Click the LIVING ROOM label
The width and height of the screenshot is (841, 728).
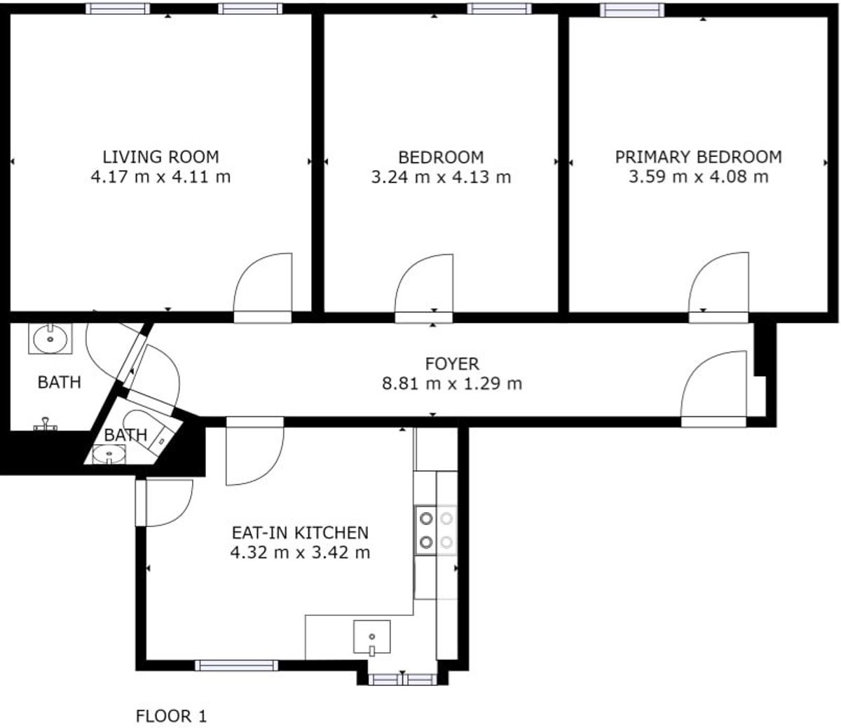click(160, 157)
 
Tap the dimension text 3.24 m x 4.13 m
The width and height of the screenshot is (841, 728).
click(441, 177)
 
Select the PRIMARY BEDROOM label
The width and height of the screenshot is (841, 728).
click(698, 157)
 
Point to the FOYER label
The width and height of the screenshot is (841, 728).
click(452, 364)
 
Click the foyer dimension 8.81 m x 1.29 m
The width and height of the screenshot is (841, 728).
click(452, 383)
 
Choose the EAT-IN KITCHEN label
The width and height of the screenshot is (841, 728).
click(300, 533)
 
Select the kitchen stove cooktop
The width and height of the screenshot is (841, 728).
click(436, 530)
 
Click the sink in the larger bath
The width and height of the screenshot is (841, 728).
click(50, 338)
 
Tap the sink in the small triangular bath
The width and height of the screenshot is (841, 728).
click(109, 454)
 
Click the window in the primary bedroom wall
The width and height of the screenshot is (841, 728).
click(632, 11)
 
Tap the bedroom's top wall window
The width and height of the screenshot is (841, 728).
click(499, 8)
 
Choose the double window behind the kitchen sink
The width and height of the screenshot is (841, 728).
click(403, 680)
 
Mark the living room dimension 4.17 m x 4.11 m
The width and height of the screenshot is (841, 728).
click(160, 177)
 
